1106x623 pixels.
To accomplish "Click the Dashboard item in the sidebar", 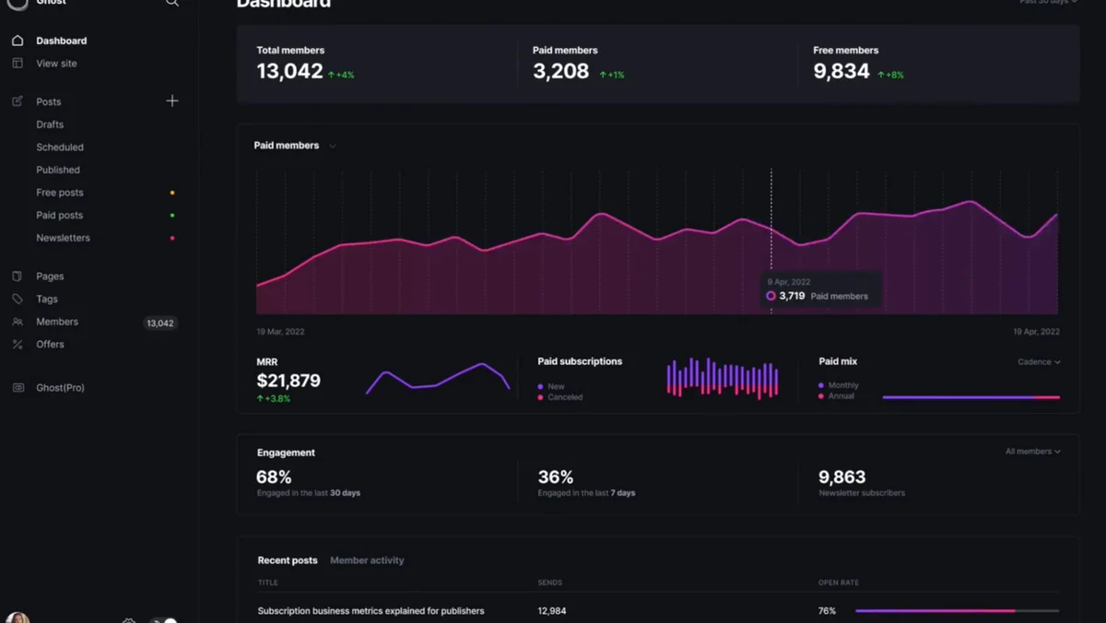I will tap(61, 41).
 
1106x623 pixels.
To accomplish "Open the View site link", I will tap(56, 64).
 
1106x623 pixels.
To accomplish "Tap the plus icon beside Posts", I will tap(172, 100).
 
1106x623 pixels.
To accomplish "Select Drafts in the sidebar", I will tap(50, 124).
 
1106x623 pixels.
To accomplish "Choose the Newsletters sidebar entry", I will tap(63, 238).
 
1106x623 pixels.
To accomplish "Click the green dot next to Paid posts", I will tap(172, 216).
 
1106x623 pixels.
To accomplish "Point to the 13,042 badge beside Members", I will tap(160, 323).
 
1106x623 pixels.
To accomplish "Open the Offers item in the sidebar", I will tap(50, 345).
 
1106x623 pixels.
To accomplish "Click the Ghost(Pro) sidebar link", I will tap(60, 388).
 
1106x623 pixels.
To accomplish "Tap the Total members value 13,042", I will tap(289, 72).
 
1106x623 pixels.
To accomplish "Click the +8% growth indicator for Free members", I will tap(891, 75).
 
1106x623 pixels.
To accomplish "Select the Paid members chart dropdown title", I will tap(294, 146).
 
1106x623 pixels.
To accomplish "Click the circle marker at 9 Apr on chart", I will tap(771, 296).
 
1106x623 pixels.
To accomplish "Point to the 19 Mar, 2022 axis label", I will tap(280, 332).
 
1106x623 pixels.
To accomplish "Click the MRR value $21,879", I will tap(288, 381).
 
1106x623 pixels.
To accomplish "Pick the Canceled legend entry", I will tap(564, 397).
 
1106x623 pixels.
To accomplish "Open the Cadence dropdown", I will tap(1039, 362).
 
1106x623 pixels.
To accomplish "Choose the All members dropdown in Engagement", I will tap(1032, 452).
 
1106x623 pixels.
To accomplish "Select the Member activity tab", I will tap(367, 560).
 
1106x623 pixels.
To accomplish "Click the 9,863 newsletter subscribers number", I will tap(841, 477).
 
